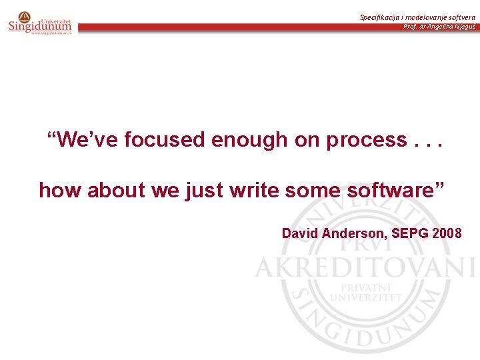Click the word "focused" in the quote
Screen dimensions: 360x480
point(165,140)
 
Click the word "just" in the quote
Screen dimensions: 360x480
point(205,191)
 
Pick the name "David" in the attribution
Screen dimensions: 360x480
point(300,233)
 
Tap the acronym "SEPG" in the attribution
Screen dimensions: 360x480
point(409,233)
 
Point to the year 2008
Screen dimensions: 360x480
point(447,233)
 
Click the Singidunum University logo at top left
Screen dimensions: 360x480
point(40,23)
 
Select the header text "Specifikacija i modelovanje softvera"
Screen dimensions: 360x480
point(417,17)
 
